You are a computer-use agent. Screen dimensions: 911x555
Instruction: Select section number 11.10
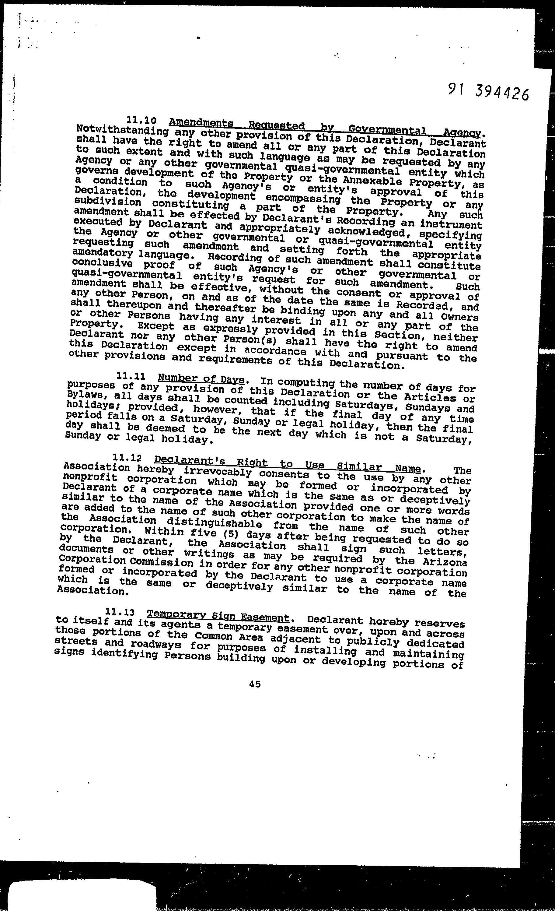pos(141,121)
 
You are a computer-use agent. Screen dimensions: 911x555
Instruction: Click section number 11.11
pos(131,376)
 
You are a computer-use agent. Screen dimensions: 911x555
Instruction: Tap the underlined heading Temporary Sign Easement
pos(218,616)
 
